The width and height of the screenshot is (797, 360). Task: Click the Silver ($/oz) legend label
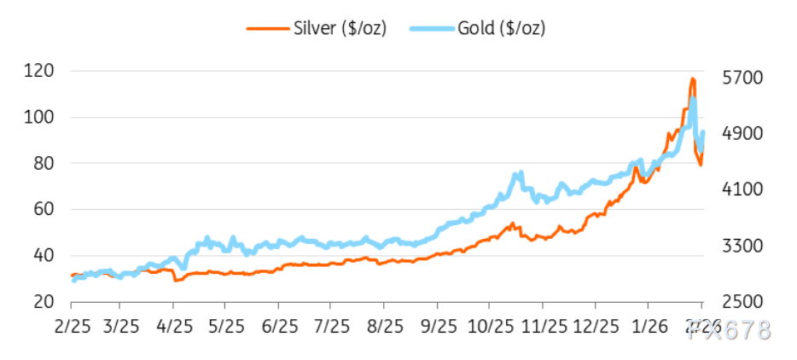click(339, 27)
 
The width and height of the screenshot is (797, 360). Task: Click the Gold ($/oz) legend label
click(501, 27)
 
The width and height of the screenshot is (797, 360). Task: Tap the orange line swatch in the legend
click(265, 27)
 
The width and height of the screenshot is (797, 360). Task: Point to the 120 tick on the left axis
click(38, 71)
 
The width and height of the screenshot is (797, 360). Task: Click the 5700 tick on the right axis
click(742, 78)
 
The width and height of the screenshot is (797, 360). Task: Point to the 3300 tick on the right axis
click(742, 246)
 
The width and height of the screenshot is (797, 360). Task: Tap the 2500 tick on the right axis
click(742, 302)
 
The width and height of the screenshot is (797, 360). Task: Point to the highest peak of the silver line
click(692, 79)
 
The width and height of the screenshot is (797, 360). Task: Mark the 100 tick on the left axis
click(38, 117)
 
